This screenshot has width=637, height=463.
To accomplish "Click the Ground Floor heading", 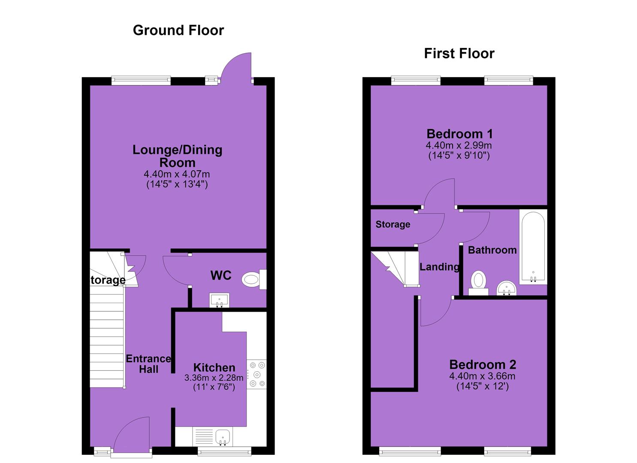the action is (x=178, y=30).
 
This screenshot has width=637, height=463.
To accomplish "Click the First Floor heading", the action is (x=459, y=54).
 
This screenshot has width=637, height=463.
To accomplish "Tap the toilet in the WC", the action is (x=254, y=280).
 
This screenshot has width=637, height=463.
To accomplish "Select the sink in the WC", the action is (x=219, y=301).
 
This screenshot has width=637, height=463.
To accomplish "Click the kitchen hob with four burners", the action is (x=257, y=374).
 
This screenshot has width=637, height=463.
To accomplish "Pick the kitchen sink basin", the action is (x=222, y=437).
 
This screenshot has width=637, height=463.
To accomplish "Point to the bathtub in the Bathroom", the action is (x=533, y=247).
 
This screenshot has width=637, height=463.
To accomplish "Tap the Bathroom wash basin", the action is (x=507, y=288).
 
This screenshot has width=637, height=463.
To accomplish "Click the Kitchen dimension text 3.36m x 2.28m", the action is (x=214, y=378).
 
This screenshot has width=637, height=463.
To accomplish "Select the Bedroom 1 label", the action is (x=459, y=134).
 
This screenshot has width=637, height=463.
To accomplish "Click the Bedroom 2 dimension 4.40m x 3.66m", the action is (x=482, y=376).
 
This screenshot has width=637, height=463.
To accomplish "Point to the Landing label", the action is (x=440, y=267).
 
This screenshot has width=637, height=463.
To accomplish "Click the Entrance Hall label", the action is (x=148, y=364).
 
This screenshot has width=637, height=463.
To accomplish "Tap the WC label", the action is (x=221, y=275).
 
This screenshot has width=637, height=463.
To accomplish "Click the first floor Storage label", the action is (x=393, y=224).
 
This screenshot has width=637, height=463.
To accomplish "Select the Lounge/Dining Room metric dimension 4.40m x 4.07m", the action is (x=177, y=174).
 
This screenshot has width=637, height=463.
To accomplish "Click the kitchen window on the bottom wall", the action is (x=225, y=451).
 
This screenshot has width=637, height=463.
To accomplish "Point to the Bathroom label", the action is (x=492, y=250).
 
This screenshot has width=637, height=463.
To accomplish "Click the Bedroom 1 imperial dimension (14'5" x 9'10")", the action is (x=459, y=156).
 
